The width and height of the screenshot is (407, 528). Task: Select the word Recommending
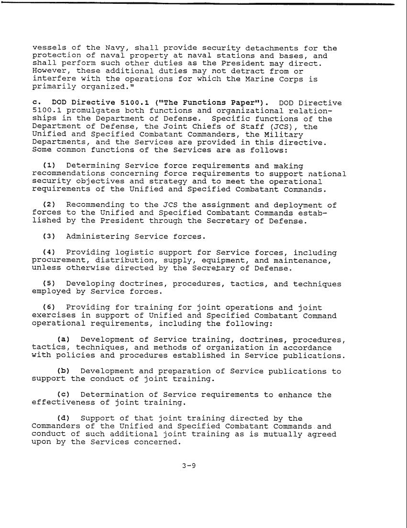pos(98,205)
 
